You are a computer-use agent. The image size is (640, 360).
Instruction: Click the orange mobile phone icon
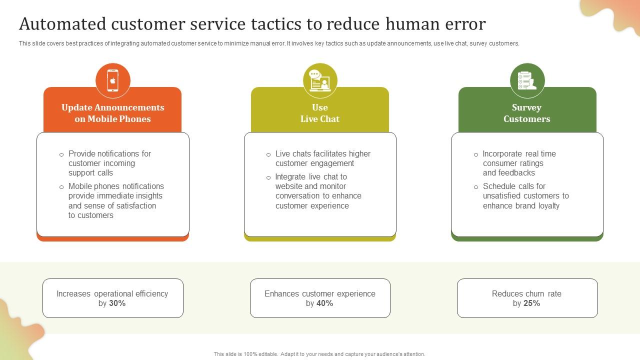tap(113, 80)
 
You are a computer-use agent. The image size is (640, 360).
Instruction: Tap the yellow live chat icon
tap(320, 80)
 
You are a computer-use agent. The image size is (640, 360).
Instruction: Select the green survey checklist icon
tap(527, 80)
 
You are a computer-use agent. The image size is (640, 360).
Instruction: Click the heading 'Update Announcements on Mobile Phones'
tap(112, 113)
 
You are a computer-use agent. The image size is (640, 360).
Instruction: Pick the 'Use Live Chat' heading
tap(320, 113)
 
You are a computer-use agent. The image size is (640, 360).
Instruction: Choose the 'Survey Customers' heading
tap(527, 113)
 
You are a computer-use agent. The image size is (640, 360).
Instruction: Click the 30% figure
tap(117, 303)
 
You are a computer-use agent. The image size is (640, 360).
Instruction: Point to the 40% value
tap(324, 303)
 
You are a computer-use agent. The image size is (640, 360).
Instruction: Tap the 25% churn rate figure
tap(531, 303)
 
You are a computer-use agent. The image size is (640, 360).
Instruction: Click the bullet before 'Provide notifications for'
tap(61, 154)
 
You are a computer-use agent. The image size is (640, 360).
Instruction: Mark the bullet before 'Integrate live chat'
tap(268, 177)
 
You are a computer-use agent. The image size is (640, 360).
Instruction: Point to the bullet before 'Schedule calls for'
tap(476, 187)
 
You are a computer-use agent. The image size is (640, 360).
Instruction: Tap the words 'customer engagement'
tap(314, 163)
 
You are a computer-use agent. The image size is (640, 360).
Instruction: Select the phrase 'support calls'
tap(90, 173)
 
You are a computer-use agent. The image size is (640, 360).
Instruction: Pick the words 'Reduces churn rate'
tap(526, 294)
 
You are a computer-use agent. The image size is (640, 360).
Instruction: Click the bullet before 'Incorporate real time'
tap(476, 154)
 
